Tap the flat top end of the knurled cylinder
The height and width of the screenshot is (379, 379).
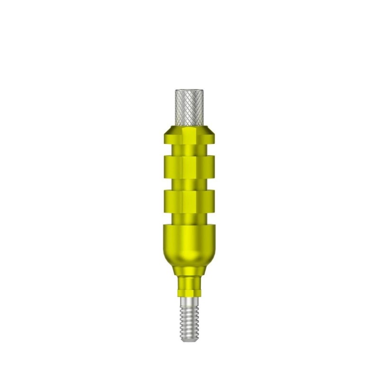189,90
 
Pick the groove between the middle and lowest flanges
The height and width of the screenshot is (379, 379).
189,183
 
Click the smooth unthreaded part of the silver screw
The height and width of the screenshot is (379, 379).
189,301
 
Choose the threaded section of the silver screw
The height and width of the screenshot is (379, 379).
189,322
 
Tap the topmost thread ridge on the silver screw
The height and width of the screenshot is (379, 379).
189,308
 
